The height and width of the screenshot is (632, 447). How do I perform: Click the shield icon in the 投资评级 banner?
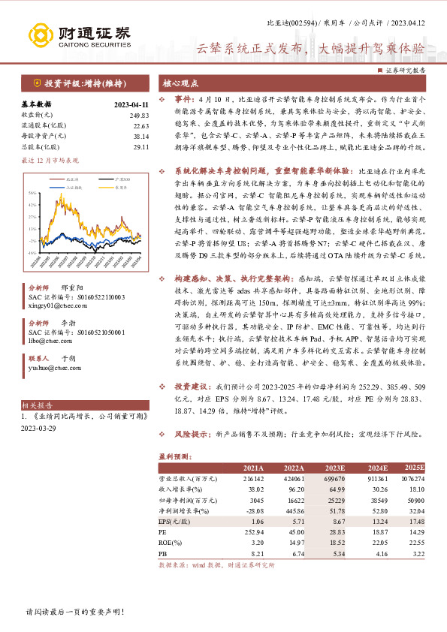38,83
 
